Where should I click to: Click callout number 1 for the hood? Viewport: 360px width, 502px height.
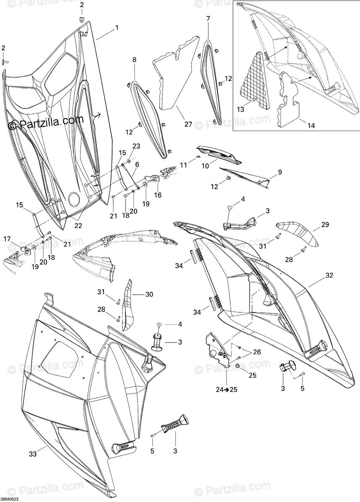point(117,28)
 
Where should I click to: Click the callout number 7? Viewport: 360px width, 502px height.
point(208,18)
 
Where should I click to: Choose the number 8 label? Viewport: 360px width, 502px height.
point(134,60)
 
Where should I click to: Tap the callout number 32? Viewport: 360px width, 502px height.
point(329,276)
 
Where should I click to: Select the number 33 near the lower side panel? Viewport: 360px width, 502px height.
point(32,453)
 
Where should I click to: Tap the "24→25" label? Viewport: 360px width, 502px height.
point(227,389)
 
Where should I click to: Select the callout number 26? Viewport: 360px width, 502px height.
point(257,352)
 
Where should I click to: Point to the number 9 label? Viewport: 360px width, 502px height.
point(267,172)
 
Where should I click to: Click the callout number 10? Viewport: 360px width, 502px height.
point(205,166)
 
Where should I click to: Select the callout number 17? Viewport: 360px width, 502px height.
point(7,239)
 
